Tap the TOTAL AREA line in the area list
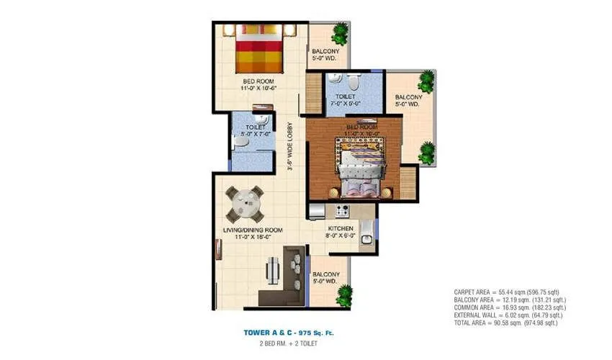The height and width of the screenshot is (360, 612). tap(507, 323)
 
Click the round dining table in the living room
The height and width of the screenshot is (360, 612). tap(245, 204)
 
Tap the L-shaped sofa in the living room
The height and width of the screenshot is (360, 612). tap(292, 274)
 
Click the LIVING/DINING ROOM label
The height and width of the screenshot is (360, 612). tap(251, 230)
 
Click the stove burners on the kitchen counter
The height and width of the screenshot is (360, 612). tap(341, 211)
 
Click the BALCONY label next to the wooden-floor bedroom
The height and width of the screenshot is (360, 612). tap(408, 100)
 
